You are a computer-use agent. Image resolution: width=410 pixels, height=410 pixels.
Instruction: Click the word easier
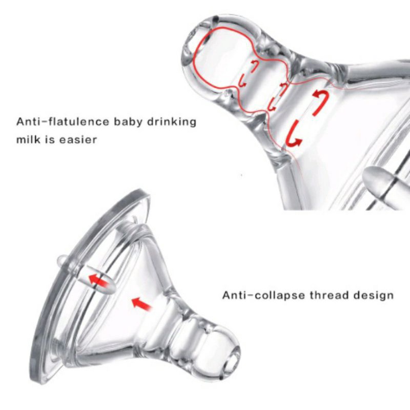point(77,139)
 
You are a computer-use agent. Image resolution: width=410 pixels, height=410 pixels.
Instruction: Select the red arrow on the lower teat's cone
point(141,303)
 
